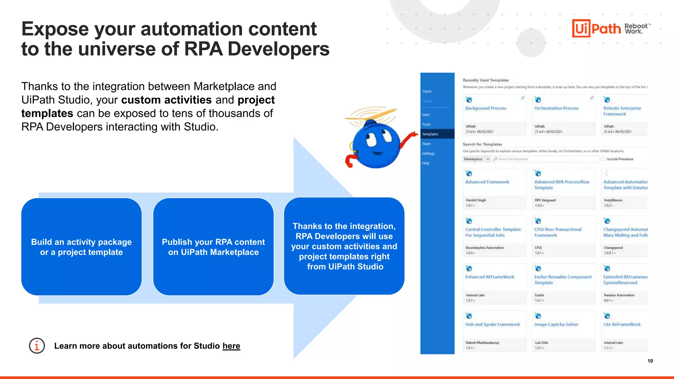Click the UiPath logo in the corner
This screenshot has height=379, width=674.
(596, 28)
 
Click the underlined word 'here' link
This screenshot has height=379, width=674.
(231, 346)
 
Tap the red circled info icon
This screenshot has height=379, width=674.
(37, 346)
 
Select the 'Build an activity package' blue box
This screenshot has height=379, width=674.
(81, 247)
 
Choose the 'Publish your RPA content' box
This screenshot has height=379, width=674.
(213, 247)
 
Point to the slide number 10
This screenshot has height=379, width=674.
(650, 361)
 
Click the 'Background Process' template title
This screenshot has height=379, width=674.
(486, 108)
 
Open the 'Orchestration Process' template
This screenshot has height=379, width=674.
(556, 108)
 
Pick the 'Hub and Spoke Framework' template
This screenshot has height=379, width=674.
(492, 324)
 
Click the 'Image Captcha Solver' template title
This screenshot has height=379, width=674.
(556, 324)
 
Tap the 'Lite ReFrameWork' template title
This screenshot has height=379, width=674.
(622, 324)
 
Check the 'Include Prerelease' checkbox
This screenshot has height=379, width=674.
(604, 159)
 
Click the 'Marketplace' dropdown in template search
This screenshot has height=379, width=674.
(476, 159)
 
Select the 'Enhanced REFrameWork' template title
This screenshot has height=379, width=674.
(489, 277)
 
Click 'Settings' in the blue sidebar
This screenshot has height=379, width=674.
(428, 153)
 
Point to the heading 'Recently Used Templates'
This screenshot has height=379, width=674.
(486, 80)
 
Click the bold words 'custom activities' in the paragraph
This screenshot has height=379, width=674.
(166, 100)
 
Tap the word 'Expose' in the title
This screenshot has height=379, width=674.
(55, 29)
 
